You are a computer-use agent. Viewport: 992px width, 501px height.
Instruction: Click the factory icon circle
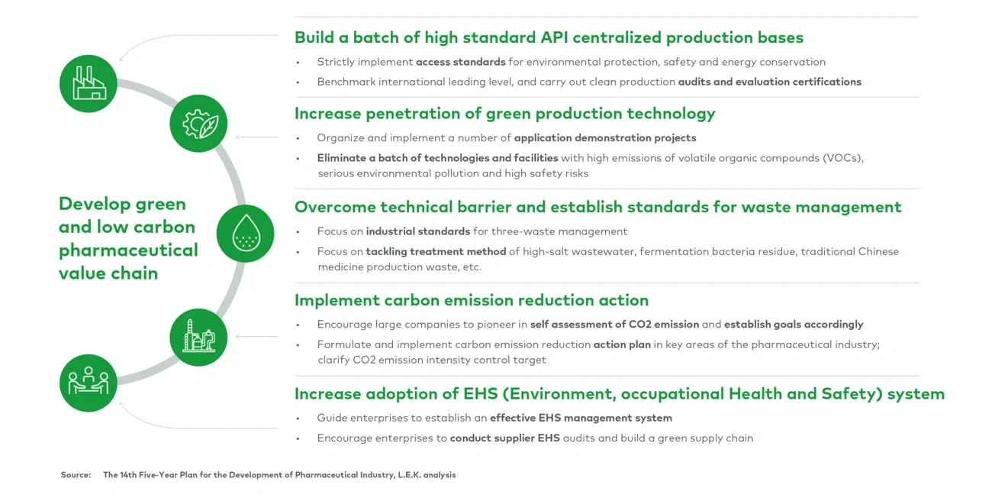tap(89, 83)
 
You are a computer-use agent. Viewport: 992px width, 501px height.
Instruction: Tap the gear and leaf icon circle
tap(198, 124)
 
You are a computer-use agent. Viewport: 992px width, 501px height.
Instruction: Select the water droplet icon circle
tap(245, 233)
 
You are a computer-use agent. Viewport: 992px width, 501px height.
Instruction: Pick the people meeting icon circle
tap(89, 383)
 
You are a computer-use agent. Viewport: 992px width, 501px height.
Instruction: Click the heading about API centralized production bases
tap(549, 37)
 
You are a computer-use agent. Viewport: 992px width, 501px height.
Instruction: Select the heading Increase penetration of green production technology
tap(504, 114)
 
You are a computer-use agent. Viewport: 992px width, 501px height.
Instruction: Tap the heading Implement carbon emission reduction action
tap(471, 300)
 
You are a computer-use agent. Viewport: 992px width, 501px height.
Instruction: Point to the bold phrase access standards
tap(460, 62)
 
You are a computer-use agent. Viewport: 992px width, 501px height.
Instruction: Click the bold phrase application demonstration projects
tap(605, 138)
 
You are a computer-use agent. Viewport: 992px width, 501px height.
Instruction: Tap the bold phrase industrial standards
tap(417, 231)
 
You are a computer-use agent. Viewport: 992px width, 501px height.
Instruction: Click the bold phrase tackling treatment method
tap(436, 251)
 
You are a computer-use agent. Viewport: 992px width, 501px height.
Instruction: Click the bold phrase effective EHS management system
tap(581, 418)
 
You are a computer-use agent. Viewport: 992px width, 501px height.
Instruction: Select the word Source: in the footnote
tap(76, 475)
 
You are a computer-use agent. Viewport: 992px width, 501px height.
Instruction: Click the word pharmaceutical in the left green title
tap(128, 250)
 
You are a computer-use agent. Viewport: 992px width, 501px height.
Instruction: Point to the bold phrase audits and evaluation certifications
tap(769, 82)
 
